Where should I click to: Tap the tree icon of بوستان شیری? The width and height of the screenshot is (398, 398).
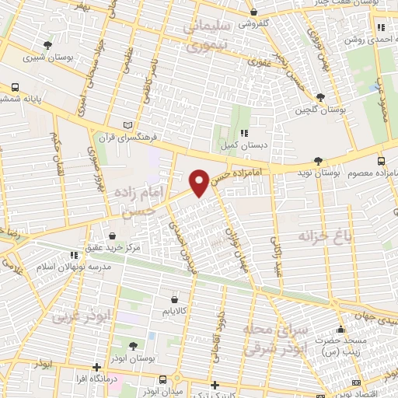[47, 45]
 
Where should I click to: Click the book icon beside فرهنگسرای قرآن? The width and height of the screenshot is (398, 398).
[129, 124]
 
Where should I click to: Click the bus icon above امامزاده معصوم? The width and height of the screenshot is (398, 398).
[380, 160]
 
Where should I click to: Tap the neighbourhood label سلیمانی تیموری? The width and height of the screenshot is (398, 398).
[208, 37]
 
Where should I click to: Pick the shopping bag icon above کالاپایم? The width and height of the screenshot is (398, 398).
[173, 297]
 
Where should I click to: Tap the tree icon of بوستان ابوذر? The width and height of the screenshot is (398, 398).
[132, 345]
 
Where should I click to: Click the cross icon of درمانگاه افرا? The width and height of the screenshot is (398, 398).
[96, 366]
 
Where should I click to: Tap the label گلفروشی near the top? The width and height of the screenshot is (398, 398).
[253, 23]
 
